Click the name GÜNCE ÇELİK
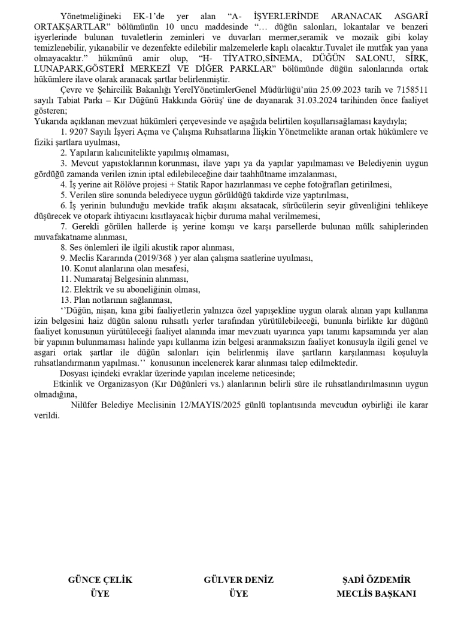pos(100,580)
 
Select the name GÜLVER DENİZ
pos(238,580)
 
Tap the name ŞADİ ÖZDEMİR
pos(376,580)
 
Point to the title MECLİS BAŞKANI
pos(376,594)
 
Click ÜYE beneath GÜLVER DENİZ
pos(238,594)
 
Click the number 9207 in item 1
pos(80,132)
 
